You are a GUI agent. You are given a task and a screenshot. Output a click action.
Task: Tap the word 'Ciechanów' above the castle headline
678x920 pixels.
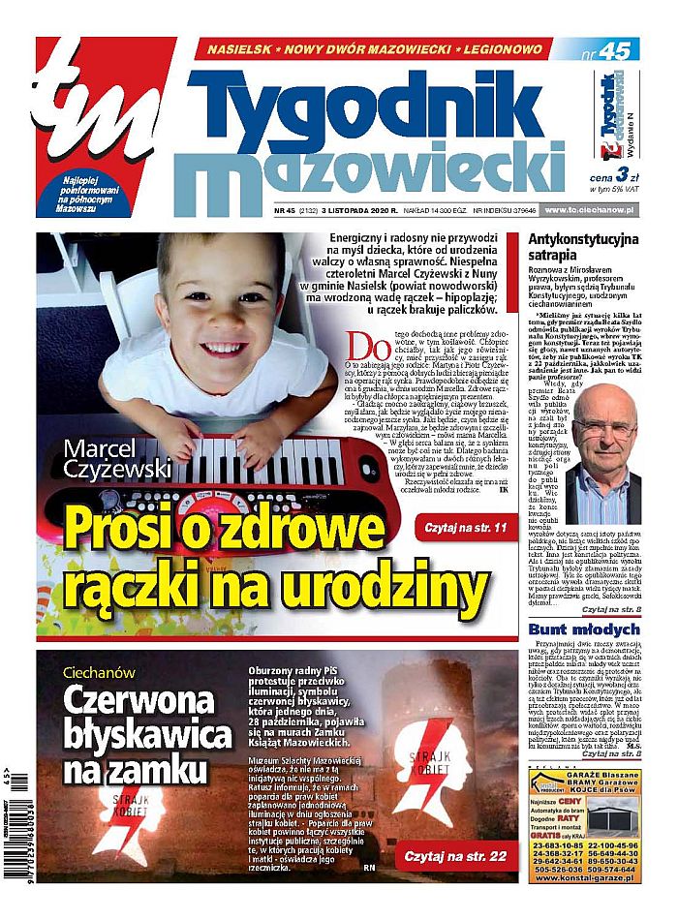click(99, 672)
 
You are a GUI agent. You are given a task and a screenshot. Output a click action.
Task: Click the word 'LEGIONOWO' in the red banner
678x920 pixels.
click(493, 48)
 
